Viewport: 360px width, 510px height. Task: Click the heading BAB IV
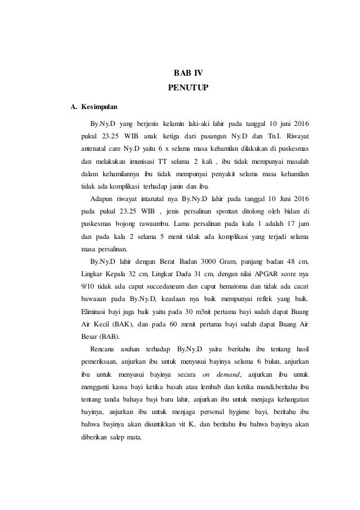[x=180, y=73]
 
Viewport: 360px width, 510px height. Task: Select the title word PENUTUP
[x=180, y=88]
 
